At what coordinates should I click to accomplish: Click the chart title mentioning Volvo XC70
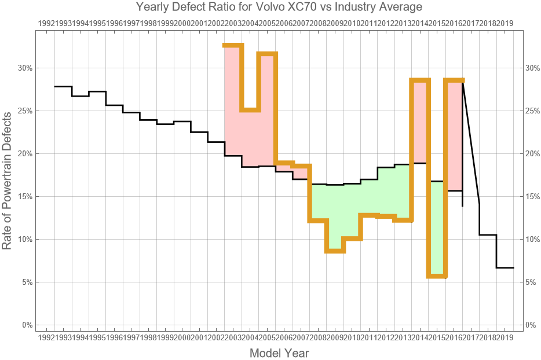[279, 8]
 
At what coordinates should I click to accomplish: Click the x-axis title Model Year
[279, 352]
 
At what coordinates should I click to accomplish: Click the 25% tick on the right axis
[532, 111]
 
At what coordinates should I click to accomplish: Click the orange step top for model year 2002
[233, 45]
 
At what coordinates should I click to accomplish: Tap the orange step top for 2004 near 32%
[267, 54]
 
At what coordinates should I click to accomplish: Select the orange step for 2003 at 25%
[250, 109]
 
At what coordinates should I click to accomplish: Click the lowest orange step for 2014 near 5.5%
[437, 277]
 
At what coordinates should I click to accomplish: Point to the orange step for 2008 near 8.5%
[335, 251]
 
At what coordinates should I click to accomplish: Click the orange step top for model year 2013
[420, 80]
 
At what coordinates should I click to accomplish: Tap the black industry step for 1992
[63, 86]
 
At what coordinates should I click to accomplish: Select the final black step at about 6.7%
[505, 267]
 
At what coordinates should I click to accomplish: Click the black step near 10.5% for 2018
[488, 234]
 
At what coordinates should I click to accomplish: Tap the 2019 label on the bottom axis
[505, 337]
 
